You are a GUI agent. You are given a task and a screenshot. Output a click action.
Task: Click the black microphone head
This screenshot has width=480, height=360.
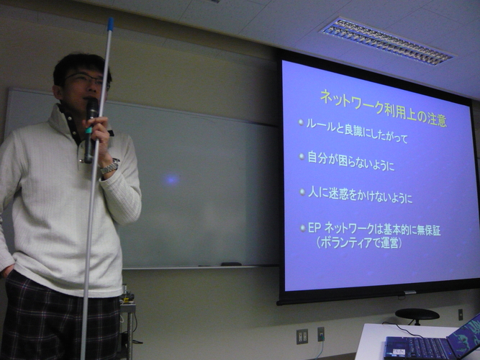92,108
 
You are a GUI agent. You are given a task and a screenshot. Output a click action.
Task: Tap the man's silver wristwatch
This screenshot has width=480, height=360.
109,168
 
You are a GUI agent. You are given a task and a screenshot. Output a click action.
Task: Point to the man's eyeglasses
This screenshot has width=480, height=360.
88,80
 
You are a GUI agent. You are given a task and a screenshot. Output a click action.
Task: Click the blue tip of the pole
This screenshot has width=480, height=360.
111,24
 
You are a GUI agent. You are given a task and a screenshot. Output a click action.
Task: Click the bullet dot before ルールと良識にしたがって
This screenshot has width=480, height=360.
302,122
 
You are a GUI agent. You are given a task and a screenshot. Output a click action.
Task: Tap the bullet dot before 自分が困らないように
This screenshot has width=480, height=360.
302,156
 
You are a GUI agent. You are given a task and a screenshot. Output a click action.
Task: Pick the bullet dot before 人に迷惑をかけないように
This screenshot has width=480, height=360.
302,192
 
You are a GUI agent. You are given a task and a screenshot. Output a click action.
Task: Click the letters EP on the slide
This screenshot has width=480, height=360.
314,228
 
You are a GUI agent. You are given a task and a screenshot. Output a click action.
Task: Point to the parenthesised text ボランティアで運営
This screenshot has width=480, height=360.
359,243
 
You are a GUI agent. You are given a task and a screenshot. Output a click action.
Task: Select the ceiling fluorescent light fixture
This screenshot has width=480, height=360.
386,42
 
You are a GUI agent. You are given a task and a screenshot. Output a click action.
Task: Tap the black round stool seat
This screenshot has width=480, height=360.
417,314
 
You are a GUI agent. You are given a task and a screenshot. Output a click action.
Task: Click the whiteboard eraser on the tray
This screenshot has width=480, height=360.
231,264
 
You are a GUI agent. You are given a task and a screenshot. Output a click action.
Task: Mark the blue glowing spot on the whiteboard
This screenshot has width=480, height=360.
171,180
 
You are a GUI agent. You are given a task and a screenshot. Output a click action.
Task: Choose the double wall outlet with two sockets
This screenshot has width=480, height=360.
302,336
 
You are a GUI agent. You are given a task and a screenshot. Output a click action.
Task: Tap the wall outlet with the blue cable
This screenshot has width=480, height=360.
321,333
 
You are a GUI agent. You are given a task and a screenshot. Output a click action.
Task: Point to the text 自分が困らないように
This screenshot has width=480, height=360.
351,161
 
